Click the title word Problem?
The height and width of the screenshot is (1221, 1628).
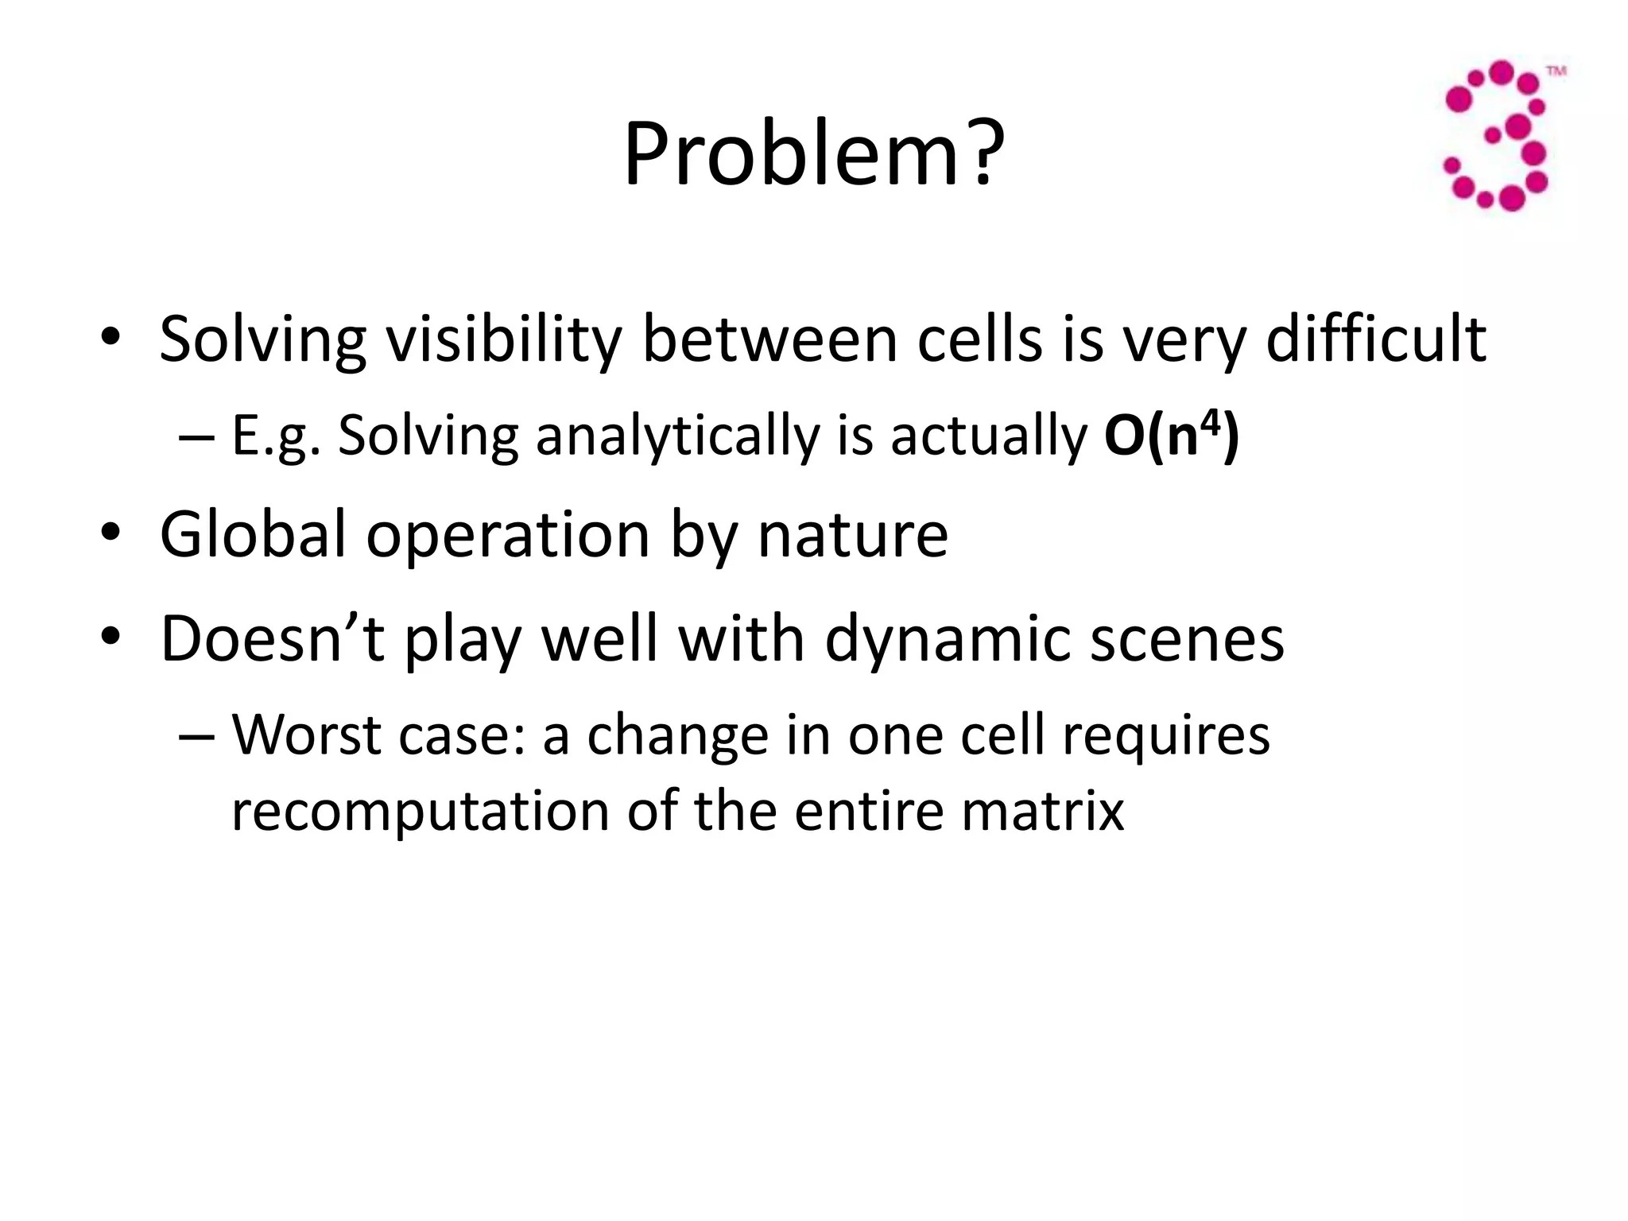813,155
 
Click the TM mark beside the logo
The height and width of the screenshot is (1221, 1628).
1556,72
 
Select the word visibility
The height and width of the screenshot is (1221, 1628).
502,340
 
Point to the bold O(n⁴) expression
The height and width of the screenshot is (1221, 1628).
1171,436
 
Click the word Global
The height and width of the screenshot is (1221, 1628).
253,534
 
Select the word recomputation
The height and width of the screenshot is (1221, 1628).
419,811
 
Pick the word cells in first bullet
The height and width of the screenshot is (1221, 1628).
979,340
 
